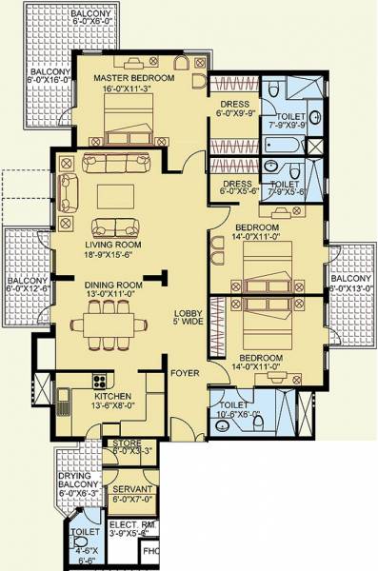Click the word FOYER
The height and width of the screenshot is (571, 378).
point(185,374)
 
